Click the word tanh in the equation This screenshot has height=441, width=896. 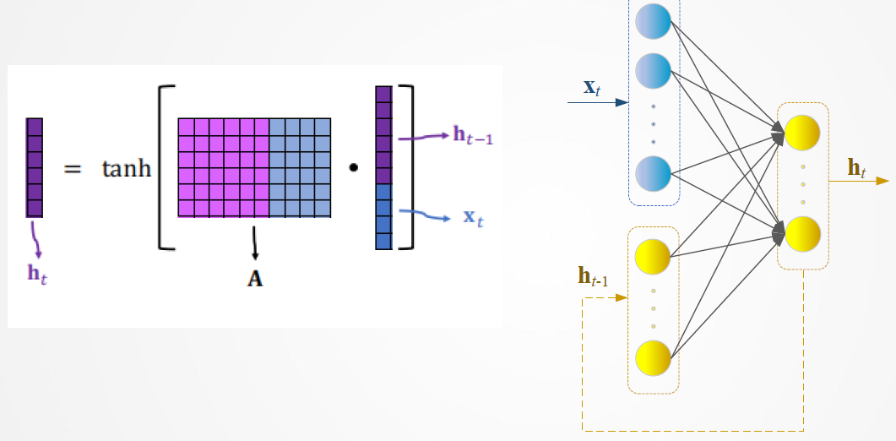tap(127, 169)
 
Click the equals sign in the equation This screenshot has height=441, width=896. tap(73, 169)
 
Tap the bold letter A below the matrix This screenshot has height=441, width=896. tap(255, 279)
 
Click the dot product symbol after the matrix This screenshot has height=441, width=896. tap(354, 168)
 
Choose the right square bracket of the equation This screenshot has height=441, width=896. tap(408, 167)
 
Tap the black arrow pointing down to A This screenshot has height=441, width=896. tap(254, 243)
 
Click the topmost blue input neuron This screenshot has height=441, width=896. tap(653, 21)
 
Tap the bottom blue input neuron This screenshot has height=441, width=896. tap(653, 171)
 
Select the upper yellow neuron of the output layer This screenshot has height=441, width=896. tap(803, 133)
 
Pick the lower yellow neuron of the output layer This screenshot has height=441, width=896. tap(803, 234)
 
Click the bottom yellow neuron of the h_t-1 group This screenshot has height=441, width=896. tap(653, 358)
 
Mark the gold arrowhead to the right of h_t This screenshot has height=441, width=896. tap(882, 181)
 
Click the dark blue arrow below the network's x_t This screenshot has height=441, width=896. tap(598, 102)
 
